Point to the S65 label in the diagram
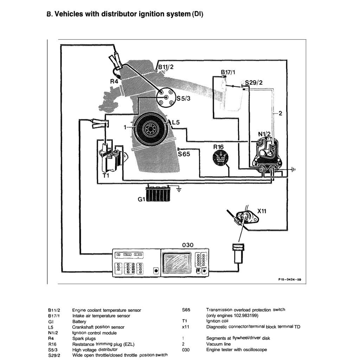(184, 154)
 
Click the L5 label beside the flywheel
(176, 122)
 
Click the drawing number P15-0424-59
(289, 280)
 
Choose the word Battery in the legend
(79, 321)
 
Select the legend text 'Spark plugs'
(84, 338)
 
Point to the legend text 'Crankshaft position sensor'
(98, 327)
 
